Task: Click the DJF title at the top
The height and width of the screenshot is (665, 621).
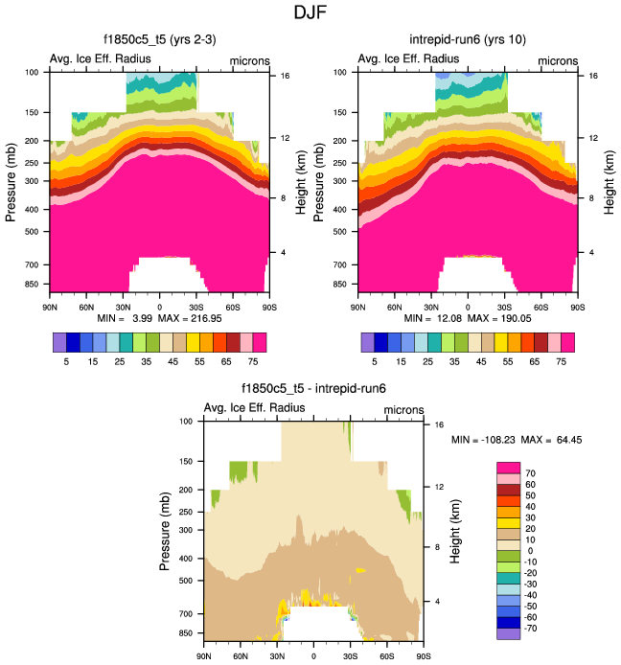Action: click(310, 13)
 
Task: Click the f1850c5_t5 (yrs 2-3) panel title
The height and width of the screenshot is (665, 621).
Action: click(159, 40)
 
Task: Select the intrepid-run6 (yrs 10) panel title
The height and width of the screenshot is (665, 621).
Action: click(468, 40)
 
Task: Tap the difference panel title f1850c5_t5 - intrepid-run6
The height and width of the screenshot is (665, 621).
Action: click(313, 390)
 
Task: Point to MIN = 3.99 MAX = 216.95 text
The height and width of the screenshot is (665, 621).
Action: click(159, 317)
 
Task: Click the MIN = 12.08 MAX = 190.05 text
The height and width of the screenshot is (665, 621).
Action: click(468, 317)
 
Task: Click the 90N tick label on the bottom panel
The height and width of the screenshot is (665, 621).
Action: click(203, 657)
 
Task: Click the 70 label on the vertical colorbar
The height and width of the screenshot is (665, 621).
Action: click(531, 473)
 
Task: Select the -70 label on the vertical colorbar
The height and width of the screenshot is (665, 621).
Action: click(532, 633)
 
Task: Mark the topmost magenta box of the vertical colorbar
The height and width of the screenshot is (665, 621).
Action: click(508, 467)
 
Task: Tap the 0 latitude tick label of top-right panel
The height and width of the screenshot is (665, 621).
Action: click(468, 306)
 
